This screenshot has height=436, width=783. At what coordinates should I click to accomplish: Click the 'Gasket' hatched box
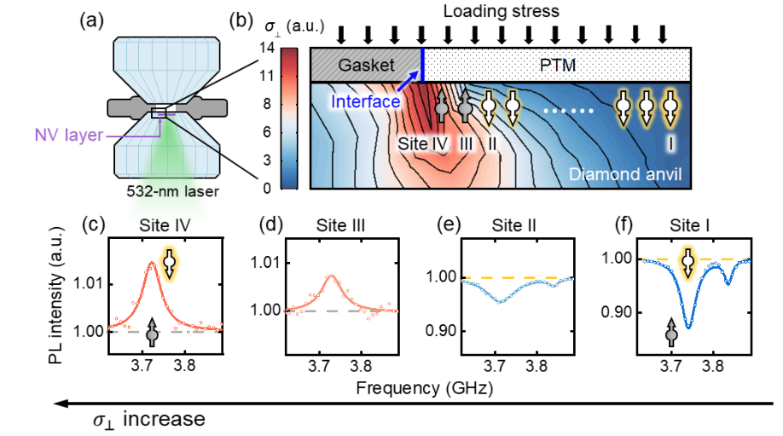point(365,65)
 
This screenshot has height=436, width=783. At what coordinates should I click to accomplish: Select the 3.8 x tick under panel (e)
point(536,368)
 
